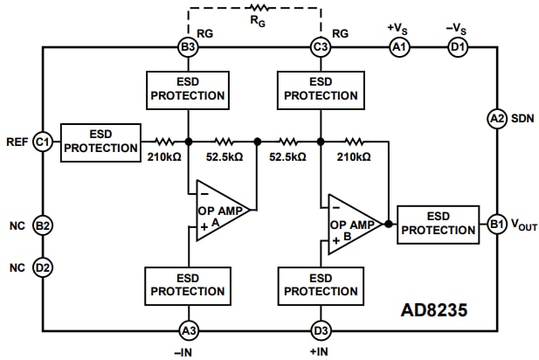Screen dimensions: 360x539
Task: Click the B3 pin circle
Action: tap(187, 47)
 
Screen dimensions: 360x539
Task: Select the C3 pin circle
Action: tap(321, 47)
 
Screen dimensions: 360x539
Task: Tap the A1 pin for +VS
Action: tap(399, 47)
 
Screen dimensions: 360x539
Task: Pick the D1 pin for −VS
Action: tap(457, 47)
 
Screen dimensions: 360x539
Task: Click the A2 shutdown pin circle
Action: tap(496, 118)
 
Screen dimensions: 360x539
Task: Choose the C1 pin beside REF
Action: tap(42, 142)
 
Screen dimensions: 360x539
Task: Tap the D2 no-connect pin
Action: tap(42, 266)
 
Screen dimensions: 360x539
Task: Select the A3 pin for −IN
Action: tap(187, 329)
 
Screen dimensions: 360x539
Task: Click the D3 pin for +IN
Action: tap(321, 329)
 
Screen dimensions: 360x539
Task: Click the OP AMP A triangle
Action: tap(218, 211)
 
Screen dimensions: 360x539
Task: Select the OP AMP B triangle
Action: tap(352, 224)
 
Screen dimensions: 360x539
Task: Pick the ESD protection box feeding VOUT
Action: tap(438, 223)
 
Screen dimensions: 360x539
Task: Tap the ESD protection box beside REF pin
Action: tap(100, 142)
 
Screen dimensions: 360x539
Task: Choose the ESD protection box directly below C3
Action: tap(321, 87)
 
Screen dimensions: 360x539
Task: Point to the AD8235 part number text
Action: tap(434, 309)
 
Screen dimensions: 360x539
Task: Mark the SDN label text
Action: tap(523, 118)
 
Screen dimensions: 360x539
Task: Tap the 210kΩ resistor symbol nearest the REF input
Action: tap(163, 141)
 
